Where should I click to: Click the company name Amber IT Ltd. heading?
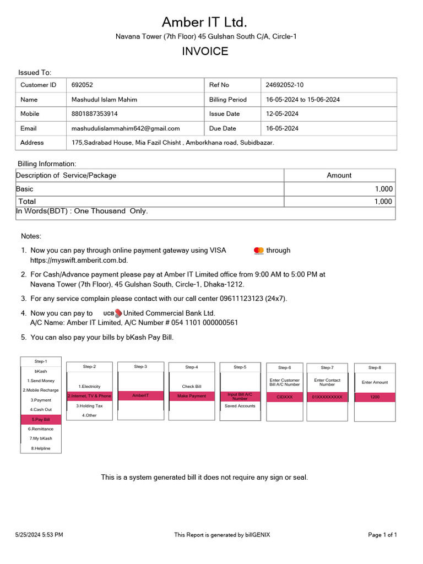pyautogui.click(x=204, y=22)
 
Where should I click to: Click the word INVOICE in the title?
pyautogui.click(x=205, y=51)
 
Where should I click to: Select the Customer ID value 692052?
pyautogui.click(x=82, y=85)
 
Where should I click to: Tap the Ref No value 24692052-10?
pyautogui.click(x=284, y=85)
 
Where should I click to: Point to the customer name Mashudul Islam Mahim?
pyautogui.click(x=104, y=100)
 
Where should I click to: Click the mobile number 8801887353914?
pyautogui.click(x=94, y=114)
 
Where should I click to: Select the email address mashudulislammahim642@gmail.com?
pyautogui.click(x=126, y=128)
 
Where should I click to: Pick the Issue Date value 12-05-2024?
pyautogui.click(x=282, y=114)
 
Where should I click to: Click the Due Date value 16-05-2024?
pyautogui.click(x=282, y=128)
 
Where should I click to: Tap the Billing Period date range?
pyautogui.click(x=302, y=100)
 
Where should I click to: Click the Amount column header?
pyautogui.click(x=339, y=175)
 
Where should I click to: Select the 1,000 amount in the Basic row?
pyautogui.click(x=383, y=189)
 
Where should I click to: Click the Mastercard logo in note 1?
pyautogui.click(x=259, y=251)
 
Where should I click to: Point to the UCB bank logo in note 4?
pyautogui.click(x=112, y=313)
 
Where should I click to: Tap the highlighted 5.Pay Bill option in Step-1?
pyautogui.click(x=41, y=419)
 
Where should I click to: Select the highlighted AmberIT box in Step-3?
pyautogui.click(x=140, y=395)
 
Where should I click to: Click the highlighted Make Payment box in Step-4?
pyautogui.click(x=192, y=396)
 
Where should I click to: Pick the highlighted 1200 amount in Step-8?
pyautogui.click(x=375, y=397)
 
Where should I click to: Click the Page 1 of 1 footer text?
pyautogui.click(x=382, y=535)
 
